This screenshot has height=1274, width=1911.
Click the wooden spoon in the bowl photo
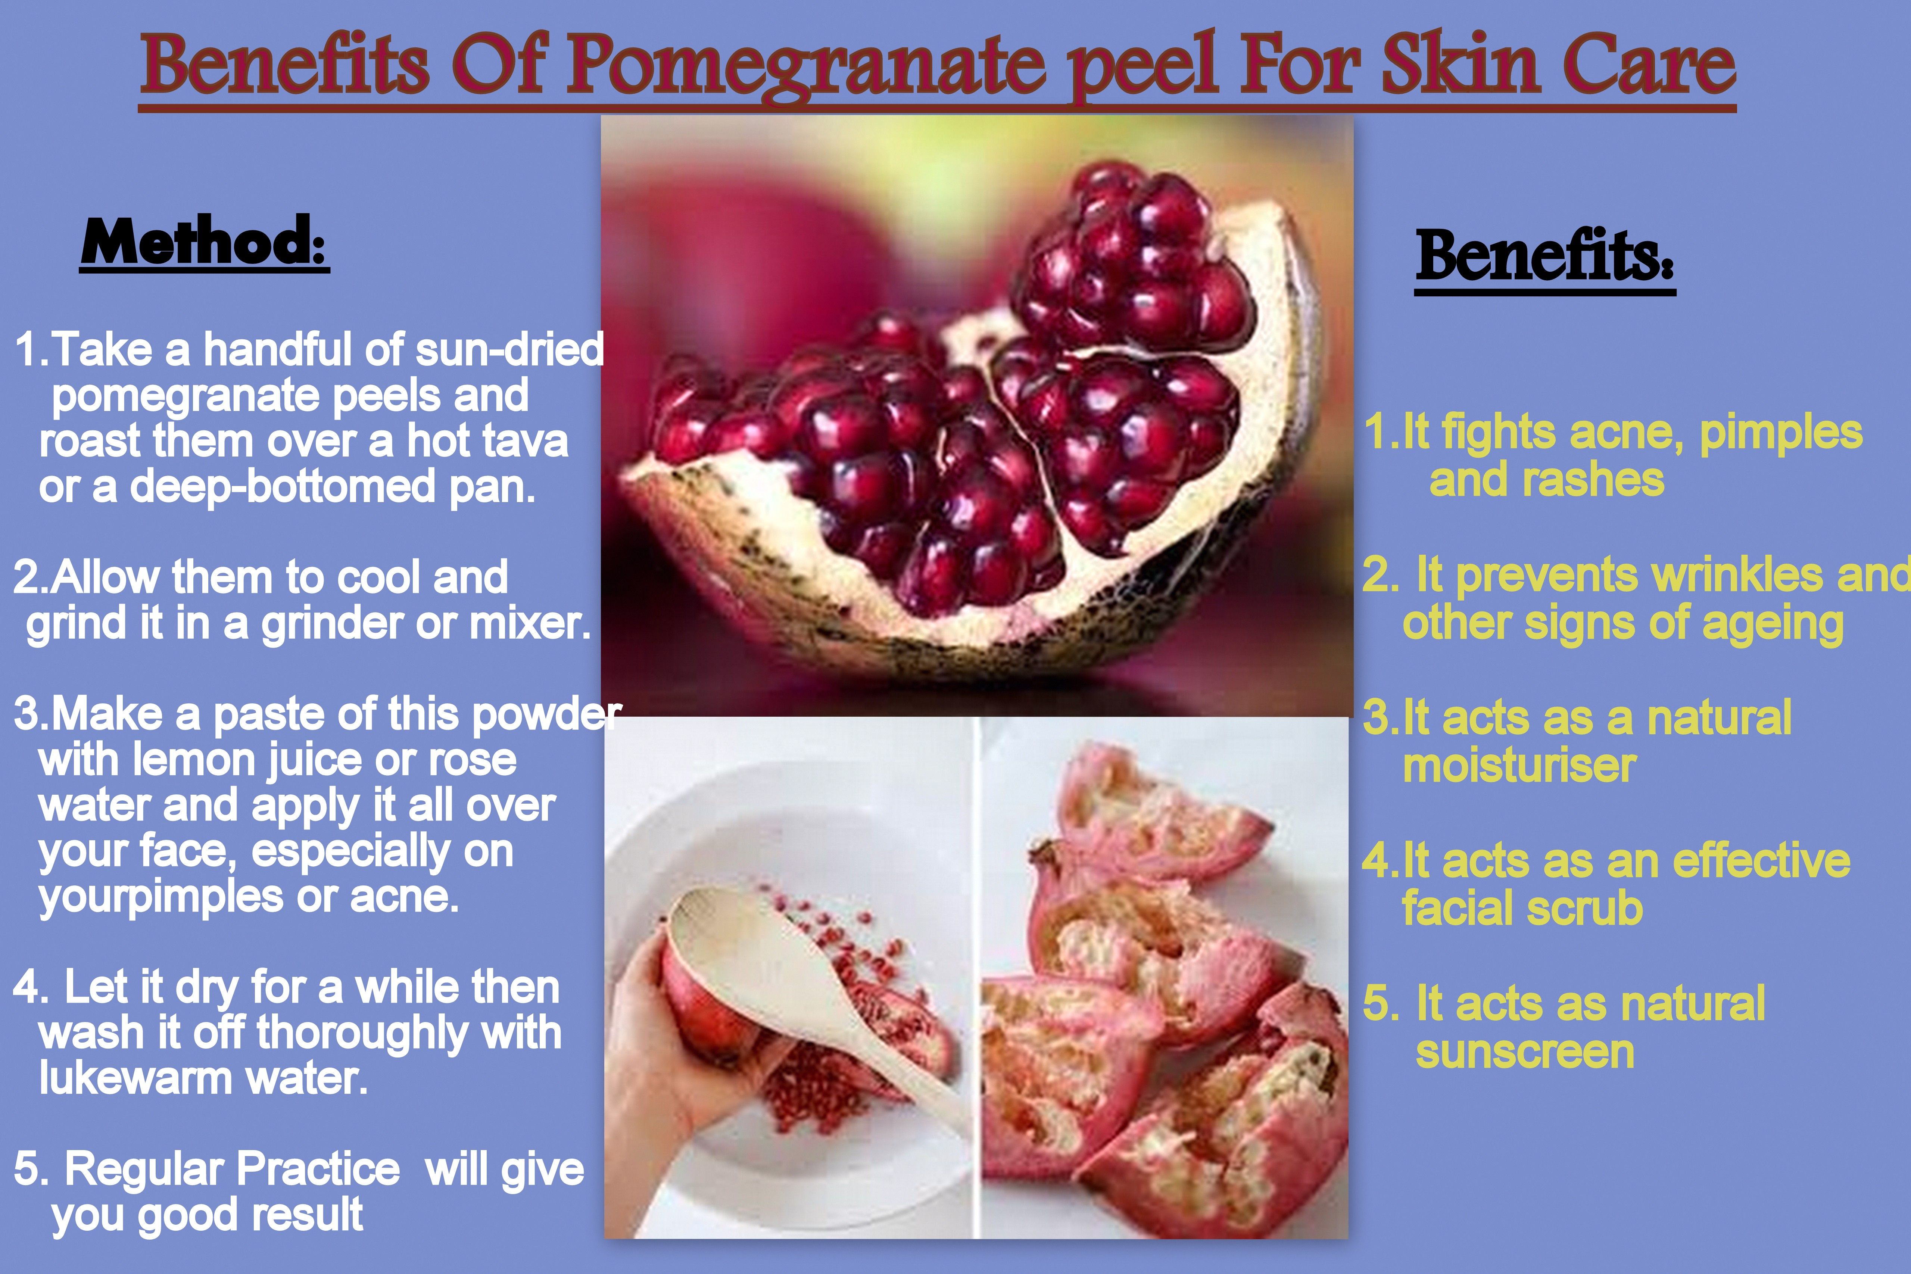click(813, 991)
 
